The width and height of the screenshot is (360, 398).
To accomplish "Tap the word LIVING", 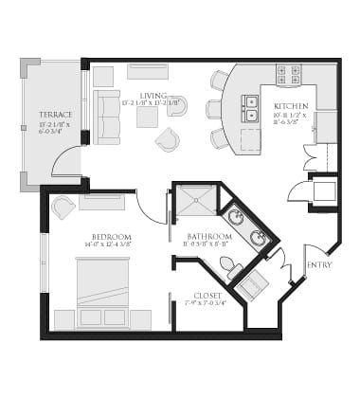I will [x=153, y=95].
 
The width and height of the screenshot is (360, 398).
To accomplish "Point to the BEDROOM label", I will [x=111, y=237].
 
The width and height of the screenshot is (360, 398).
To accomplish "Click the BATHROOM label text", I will [x=208, y=237].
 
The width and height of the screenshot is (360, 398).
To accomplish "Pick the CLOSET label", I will [x=207, y=295].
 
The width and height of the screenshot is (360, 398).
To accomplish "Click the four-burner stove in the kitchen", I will [x=288, y=75].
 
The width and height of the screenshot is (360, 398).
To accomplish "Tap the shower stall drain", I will [x=194, y=202].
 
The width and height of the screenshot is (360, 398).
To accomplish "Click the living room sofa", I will [x=106, y=118].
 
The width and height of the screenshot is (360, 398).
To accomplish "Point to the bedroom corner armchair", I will [x=63, y=207].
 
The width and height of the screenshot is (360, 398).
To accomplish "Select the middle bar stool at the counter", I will [x=213, y=109].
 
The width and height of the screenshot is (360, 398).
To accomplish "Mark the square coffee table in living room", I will [x=147, y=117].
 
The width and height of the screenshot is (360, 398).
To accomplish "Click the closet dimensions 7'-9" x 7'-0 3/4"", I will [x=207, y=304].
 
